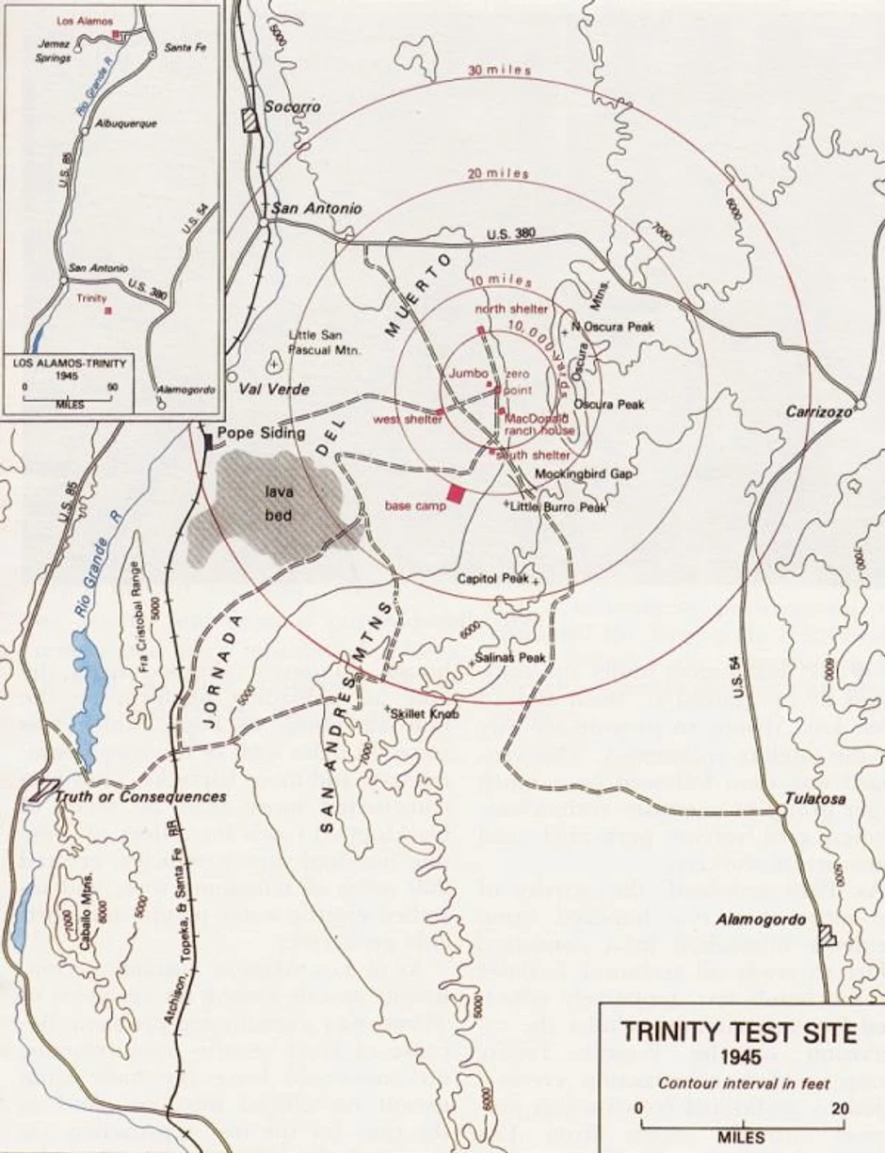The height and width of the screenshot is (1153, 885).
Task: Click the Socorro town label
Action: [291, 106]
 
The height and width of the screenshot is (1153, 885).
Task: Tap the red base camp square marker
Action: [458, 493]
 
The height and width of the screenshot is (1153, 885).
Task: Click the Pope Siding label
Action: [261, 433]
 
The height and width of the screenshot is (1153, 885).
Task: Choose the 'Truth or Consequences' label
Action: [140, 796]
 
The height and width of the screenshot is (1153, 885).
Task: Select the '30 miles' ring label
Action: [500, 72]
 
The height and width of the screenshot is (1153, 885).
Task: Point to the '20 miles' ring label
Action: [498, 174]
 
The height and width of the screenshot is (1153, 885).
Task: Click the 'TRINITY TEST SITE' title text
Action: [739, 1033]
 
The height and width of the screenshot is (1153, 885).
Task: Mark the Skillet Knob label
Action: [426, 714]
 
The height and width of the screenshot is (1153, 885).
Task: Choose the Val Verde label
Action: [270, 388]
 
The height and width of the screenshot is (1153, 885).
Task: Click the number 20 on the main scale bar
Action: [839, 1109]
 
